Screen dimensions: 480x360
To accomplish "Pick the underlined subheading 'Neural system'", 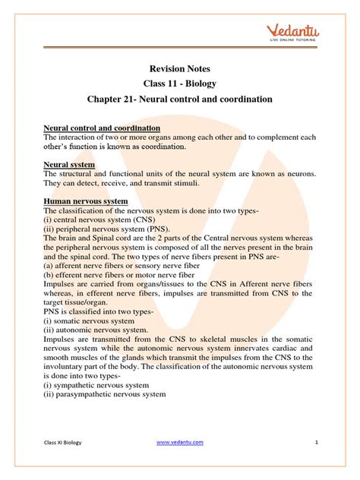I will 69,164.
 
